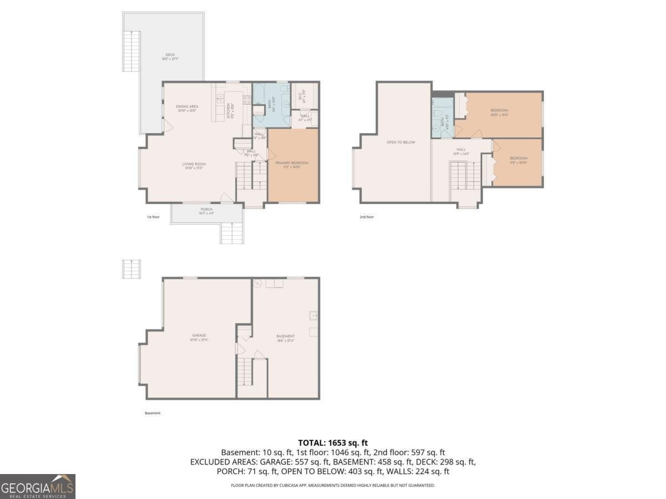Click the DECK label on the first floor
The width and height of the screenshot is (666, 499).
(x=170, y=55)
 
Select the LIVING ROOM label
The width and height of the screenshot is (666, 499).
(x=194, y=164)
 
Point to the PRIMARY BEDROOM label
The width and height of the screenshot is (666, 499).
(x=292, y=163)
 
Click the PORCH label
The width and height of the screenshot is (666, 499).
(x=206, y=210)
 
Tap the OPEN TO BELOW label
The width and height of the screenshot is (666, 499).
(x=401, y=142)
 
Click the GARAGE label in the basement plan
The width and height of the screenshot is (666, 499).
(x=199, y=335)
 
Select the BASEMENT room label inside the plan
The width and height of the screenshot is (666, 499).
(x=285, y=337)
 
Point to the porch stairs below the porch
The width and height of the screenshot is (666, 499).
(x=232, y=232)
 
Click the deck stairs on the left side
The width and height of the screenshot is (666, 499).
(x=131, y=51)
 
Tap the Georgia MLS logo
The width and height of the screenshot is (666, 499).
(x=37, y=486)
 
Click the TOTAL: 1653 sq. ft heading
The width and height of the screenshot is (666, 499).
(x=332, y=442)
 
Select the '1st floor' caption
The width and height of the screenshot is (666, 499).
(x=153, y=217)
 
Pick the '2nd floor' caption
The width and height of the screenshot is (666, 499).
(x=366, y=217)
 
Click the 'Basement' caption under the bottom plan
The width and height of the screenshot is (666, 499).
(x=152, y=413)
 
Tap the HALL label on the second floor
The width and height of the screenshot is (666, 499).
(x=461, y=150)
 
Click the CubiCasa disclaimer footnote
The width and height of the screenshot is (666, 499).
(x=332, y=485)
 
